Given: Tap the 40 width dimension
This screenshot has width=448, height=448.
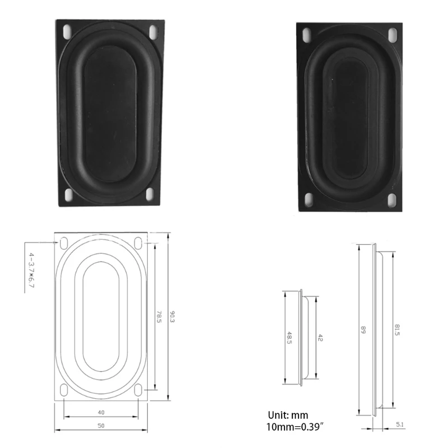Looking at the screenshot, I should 101,412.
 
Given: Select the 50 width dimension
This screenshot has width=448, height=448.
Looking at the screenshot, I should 101,426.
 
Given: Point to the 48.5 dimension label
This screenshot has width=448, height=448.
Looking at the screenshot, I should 289,338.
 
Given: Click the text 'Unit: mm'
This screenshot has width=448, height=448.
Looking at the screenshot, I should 288,416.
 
